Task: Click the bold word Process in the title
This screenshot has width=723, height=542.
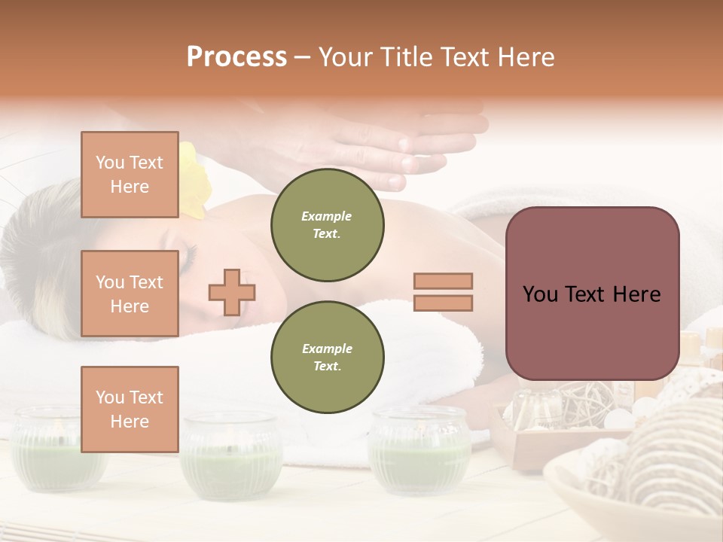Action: [x=236, y=56]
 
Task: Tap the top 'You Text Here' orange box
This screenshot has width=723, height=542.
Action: [x=130, y=175]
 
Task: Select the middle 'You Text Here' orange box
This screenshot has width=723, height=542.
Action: [x=130, y=294]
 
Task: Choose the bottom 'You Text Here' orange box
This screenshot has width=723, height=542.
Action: [x=130, y=409]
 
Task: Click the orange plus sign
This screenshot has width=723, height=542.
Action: [x=232, y=292]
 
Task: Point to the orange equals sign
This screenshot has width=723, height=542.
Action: [x=443, y=292]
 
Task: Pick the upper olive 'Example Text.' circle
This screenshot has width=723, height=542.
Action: [x=328, y=224]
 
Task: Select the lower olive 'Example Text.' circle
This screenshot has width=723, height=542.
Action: [x=328, y=357]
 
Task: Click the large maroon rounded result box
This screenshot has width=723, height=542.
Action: [x=592, y=294]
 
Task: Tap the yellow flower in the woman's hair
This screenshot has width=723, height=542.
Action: [x=194, y=181]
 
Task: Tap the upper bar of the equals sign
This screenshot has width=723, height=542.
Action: [x=443, y=282]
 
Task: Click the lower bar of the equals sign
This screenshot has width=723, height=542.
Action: [x=443, y=303]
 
